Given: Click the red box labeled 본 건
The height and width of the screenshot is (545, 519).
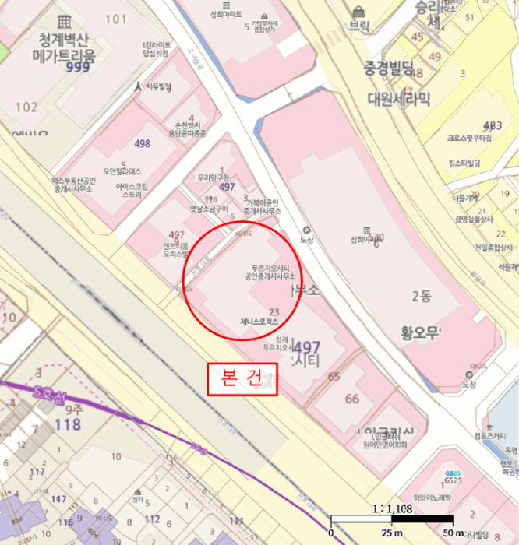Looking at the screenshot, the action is (242, 378).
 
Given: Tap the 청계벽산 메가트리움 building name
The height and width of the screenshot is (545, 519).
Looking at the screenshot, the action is (63, 47).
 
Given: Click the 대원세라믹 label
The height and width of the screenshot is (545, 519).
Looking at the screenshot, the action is (398, 99).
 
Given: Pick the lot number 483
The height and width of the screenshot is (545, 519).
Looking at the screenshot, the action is (493, 125).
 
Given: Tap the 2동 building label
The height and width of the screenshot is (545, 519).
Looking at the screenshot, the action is (421, 294).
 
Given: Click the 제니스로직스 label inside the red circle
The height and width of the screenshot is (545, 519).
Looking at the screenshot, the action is (259, 320).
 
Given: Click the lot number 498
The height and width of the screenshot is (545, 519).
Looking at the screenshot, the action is (142, 144).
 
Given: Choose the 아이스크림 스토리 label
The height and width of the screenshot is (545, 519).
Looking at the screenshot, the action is (129, 191).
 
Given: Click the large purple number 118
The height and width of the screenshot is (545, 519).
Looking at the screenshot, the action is (69, 424).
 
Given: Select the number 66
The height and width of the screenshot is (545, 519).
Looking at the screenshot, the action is (352, 399).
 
